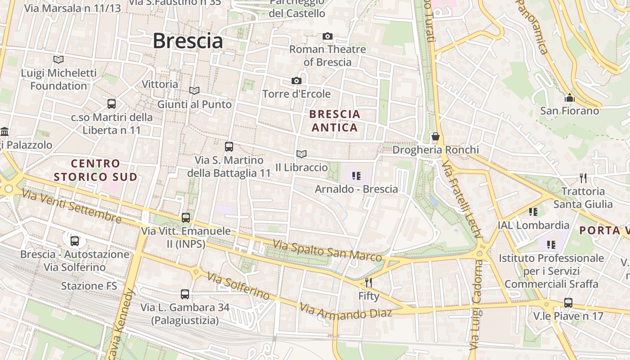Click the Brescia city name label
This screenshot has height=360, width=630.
[x=188, y=41]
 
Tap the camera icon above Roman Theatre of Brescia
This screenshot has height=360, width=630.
[x=328, y=36]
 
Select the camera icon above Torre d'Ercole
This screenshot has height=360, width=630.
[x=296, y=81]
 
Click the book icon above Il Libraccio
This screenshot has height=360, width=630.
[x=301, y=154]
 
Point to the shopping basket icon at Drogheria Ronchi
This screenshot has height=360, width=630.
[x=435, y=136]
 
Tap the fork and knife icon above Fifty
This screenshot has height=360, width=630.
[x=369, y=282]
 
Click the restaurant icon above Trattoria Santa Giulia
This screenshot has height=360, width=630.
[x=583, y=178]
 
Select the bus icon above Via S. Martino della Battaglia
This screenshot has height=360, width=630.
[x=229, y=146]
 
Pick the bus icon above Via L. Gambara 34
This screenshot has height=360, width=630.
[x=184, y=294]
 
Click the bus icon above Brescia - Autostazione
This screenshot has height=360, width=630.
[x=75, y=241]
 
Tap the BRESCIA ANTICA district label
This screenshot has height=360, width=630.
[x=335, y=121]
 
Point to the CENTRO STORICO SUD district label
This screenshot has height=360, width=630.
[x=95, y=170]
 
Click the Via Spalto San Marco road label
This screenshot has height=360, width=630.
[x=328, y=251]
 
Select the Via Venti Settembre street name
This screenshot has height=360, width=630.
[x=72, y=207]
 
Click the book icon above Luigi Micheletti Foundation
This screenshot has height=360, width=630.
[x=58, y=59]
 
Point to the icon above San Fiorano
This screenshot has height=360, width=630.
[x=569, y=98]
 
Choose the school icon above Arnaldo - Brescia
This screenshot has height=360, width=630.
[x=356, y=175]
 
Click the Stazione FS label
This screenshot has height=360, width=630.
[x=89, y=286]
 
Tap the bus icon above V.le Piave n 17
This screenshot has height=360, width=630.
[x=568, y=302]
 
